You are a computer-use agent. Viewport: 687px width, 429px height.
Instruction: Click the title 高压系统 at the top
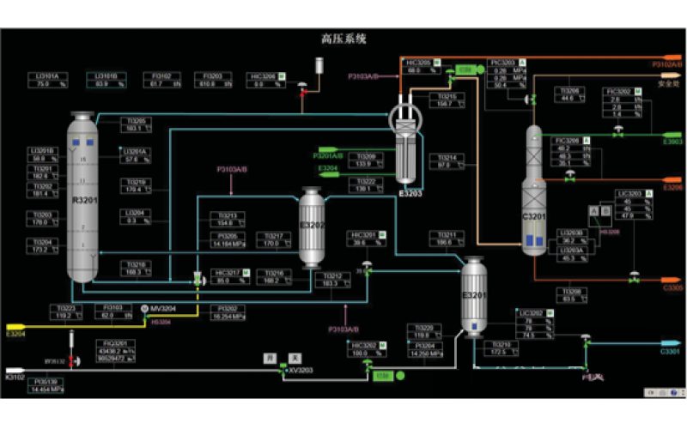point(343,39)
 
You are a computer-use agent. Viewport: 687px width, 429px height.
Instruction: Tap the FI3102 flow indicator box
point(161,80)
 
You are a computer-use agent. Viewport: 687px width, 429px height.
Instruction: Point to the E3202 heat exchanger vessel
point(315,227)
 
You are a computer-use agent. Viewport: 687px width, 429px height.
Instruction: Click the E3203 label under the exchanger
point(411,194)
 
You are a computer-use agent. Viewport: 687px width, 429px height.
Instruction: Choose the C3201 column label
point(534,217)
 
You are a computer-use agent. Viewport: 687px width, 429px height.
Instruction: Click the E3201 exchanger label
point(474,295)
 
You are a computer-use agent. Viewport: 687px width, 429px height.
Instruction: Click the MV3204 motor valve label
point(163,308)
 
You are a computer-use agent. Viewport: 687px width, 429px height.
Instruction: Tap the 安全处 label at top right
point(668,84)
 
